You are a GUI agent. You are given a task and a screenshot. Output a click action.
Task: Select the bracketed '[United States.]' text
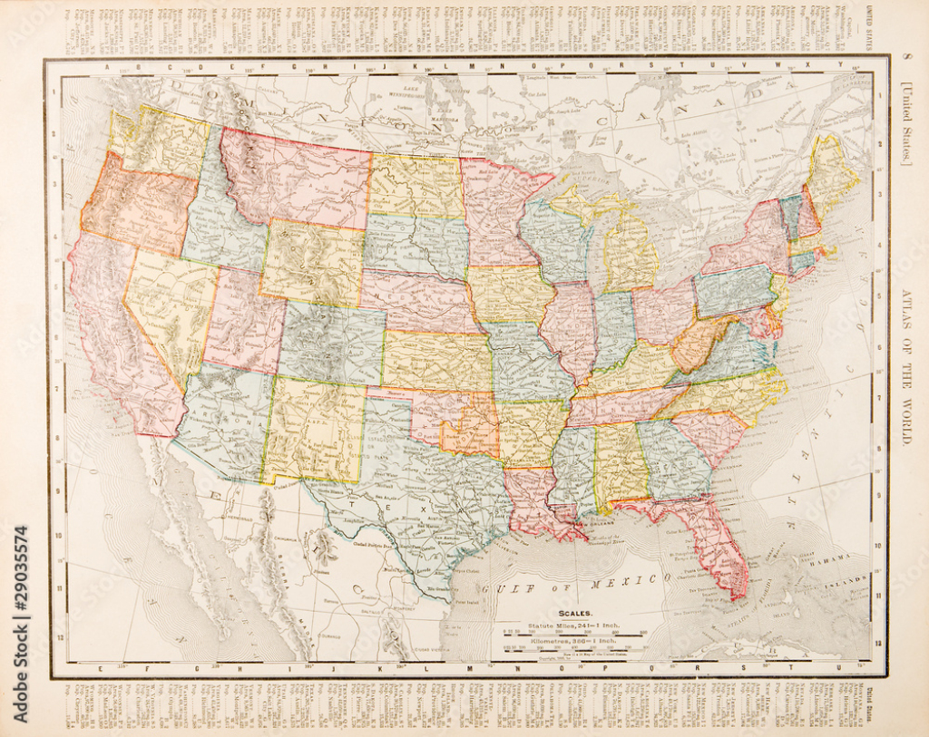point(907,121)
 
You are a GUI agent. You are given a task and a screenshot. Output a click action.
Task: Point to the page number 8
point(908,61)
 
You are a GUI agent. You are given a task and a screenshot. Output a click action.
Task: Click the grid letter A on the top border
point(107,65)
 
